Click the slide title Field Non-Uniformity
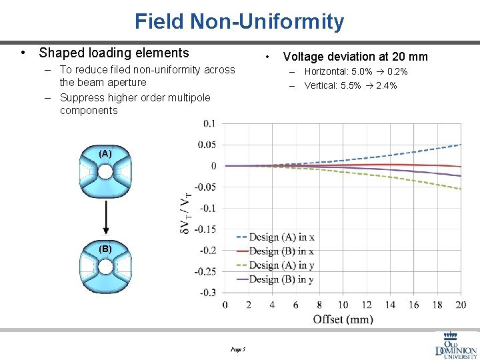click(x=239, y=21)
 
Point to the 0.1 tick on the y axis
click(x=209, y=123)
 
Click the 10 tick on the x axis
click(x=343, y=305)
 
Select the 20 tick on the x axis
click(x=461, y=305)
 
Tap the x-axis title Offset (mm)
click(x=343, y=319)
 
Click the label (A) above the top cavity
click(x=105, y=153)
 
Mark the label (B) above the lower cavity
click(x=105, y=249)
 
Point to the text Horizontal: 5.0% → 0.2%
click(x=356, y=71)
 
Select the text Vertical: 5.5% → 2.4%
click(x=351, y=85)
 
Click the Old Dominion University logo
click(x=455, y=345)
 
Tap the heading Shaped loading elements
click(x=114, y=53)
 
